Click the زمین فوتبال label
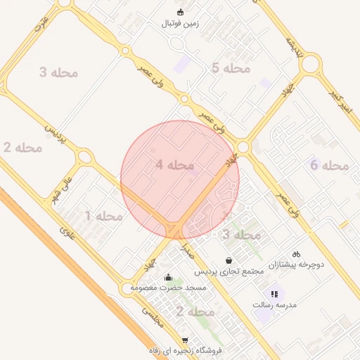click(x=180, y=23)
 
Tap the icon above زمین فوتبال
click(x=180, y=12)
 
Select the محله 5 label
click(x=231, y=68)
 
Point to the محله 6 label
click(x=330, y=166)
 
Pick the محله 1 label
click(x=103, y=215)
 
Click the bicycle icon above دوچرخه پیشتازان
click(x=296, y=254)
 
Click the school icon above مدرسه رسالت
click(x=274, y=294)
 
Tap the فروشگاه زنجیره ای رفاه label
click(x=185, y=350)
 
